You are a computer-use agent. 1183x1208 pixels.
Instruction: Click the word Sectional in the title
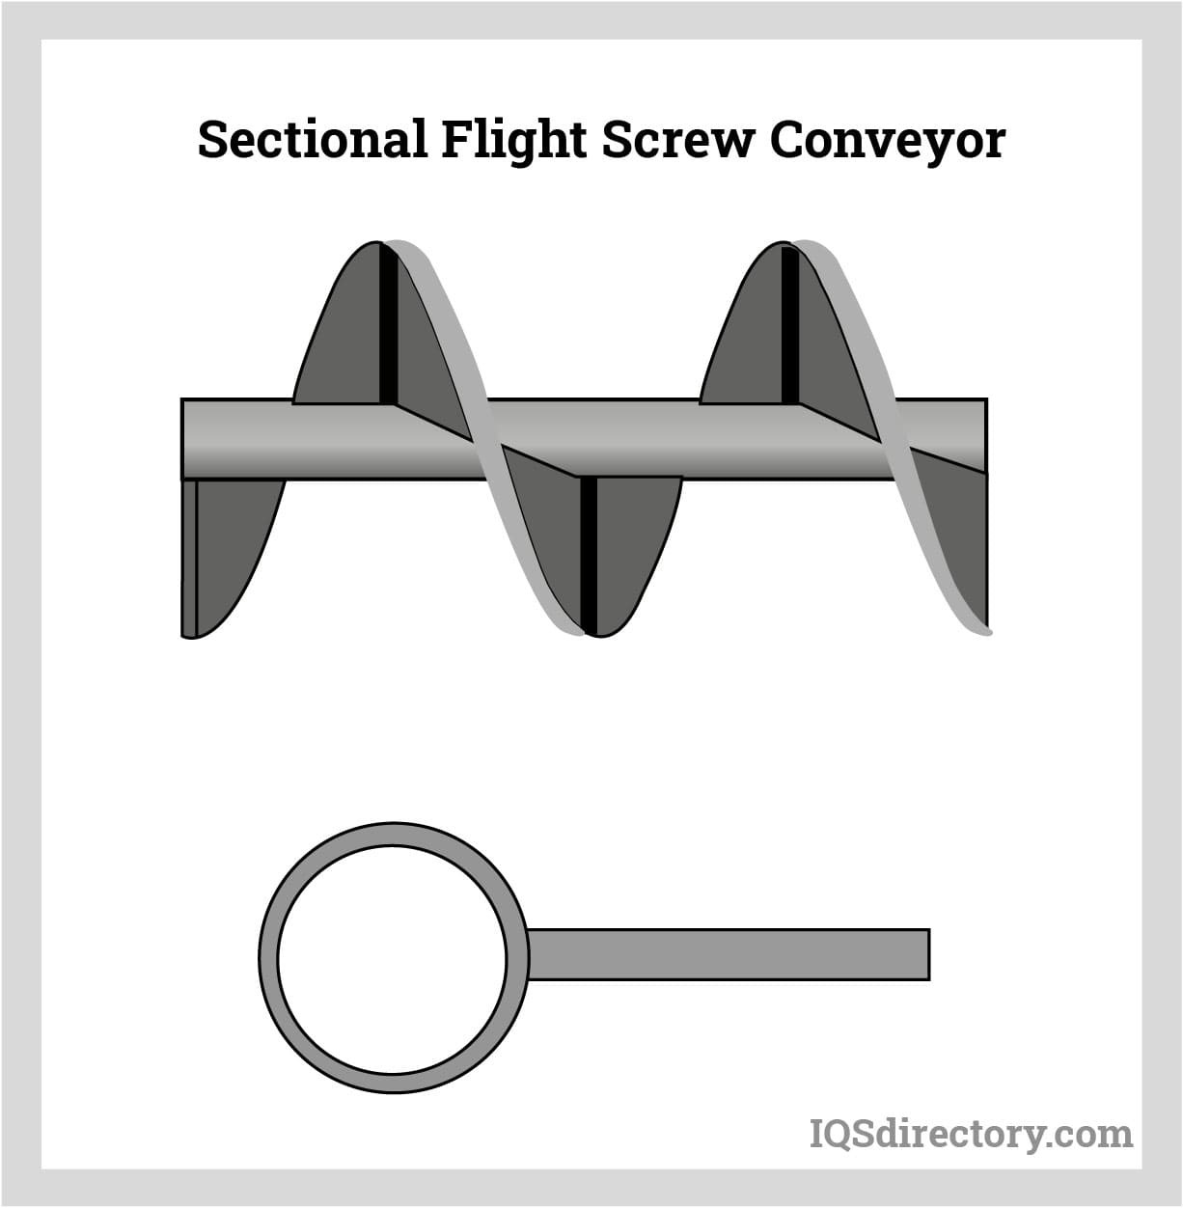[312, 140]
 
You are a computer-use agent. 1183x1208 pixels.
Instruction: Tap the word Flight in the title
[513, 142]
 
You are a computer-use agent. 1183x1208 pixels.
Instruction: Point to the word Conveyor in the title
[887, 142]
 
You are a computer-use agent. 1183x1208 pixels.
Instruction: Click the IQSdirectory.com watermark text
[971, 1133]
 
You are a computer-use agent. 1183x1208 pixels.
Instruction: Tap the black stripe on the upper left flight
[388, 323]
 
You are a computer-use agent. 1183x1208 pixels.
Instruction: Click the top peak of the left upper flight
[378, 245]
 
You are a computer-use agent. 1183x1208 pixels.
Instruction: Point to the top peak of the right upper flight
[782, 245]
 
